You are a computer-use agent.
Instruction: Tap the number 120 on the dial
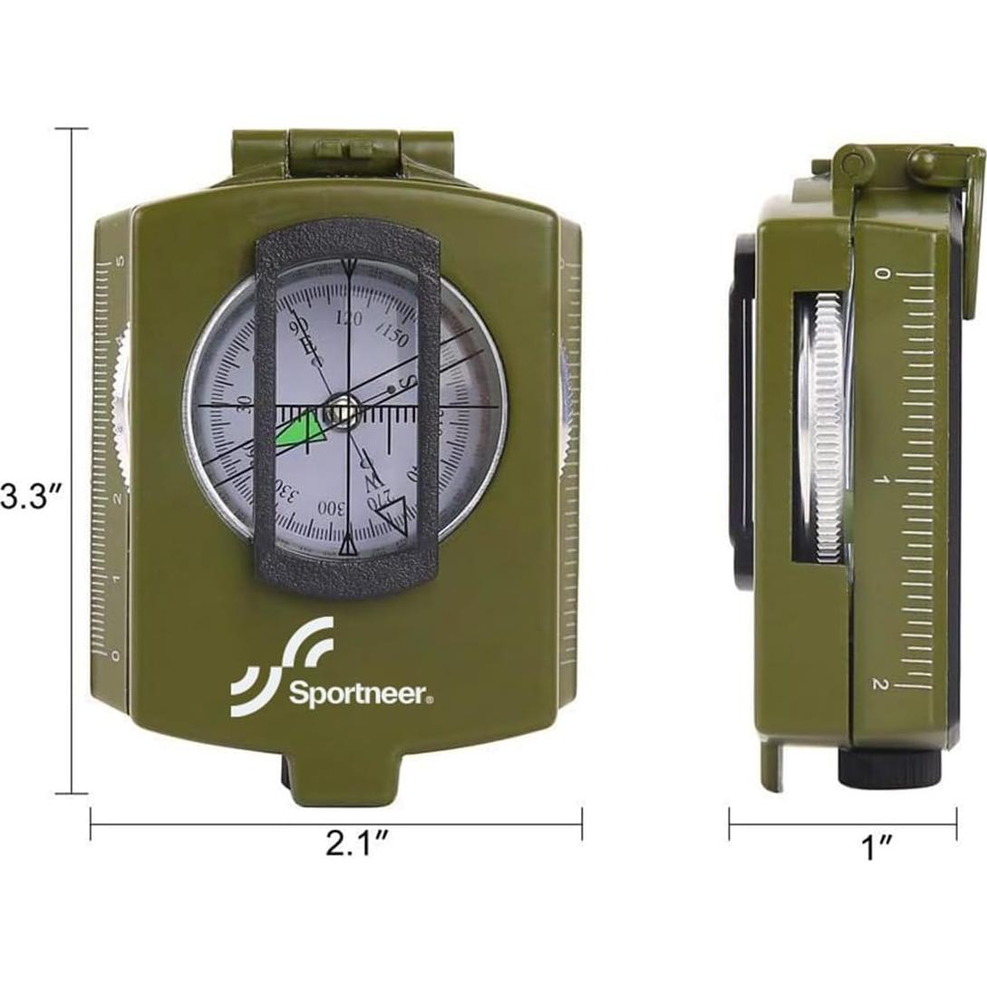(348, 318)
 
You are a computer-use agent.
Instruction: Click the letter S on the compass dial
(409, 382)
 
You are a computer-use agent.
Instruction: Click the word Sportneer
(361, 696)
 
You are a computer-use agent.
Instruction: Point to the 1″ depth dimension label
(876, 848)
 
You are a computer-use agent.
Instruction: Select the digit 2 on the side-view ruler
(877, 684)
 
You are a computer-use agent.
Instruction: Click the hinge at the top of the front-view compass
(346, 150)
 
